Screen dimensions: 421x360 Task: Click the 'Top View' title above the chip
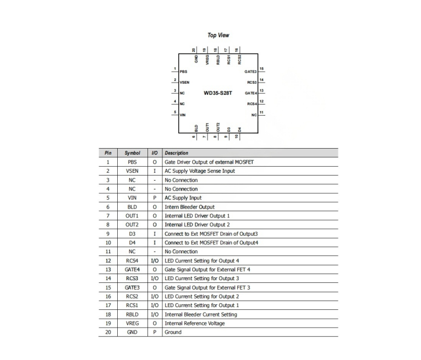point(218,35)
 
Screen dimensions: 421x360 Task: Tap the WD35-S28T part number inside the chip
point(218,93)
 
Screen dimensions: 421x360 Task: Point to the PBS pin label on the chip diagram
point(183,72)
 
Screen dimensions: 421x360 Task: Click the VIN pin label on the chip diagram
point(183,115)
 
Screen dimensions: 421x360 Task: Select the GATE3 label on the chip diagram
point(250,72)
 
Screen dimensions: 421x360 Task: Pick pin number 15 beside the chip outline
point(261,69)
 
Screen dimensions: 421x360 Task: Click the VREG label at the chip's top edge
point(207,59)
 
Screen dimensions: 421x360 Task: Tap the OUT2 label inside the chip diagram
point(218,127)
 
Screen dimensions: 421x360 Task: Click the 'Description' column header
point(177,153)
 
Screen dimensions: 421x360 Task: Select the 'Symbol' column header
point(133,153)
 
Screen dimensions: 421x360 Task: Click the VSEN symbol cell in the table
point(132,171)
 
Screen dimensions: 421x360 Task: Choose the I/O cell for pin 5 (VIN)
point(155,198)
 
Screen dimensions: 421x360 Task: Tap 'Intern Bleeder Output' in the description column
point(189,207)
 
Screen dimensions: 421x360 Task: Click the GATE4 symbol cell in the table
point(132,270)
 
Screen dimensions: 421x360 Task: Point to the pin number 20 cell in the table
point(108,332)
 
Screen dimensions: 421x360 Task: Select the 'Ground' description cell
point(173,332)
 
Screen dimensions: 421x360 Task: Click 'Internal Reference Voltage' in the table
point(195,323)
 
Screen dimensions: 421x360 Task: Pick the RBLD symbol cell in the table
point(132,314)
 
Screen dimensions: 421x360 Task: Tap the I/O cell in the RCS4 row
point(155,260)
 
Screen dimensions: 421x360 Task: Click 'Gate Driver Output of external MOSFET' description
point(209,162)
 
